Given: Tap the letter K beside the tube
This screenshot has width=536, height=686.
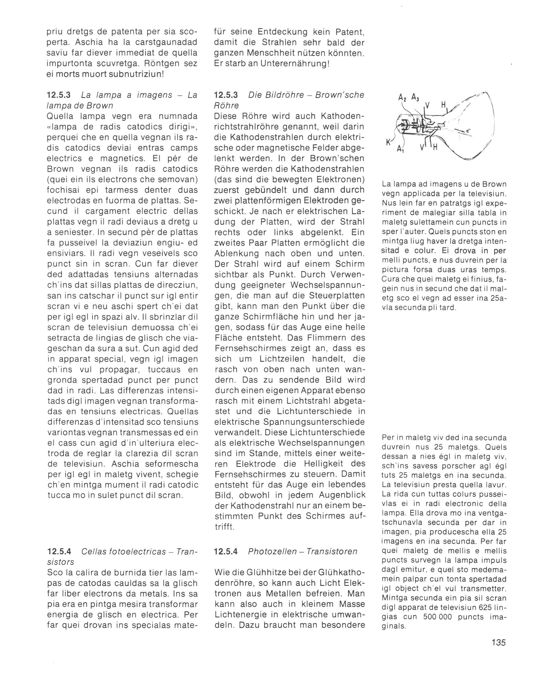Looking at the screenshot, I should pyautogui.click(x=388, y=143).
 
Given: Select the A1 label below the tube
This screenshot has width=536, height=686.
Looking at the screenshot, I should pyautogui.click(x=400, y=149).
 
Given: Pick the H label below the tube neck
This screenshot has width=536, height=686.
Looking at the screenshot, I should pyautogui.click(x=435, y=147).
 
